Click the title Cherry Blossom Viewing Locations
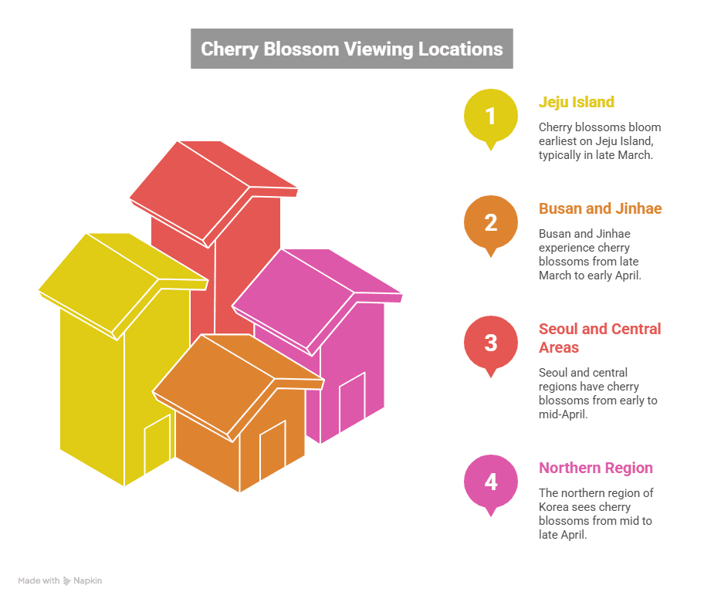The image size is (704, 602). pos(351,49)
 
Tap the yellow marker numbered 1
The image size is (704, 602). pos(490,117)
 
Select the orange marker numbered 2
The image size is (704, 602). pos(490,223)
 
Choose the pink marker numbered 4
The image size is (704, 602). pos(490,482)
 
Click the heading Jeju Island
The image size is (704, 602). pos(576,102)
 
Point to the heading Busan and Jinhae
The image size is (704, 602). pos(600,208)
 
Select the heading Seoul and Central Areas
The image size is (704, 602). pos(599,338)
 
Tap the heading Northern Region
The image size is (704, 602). pos(595,468)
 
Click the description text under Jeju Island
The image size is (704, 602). pos(599,140)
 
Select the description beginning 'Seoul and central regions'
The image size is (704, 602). pos(597,393)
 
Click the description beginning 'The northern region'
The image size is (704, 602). pos(596,513)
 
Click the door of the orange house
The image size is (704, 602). pos(272,450)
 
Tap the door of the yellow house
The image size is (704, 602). pos(157,446)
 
